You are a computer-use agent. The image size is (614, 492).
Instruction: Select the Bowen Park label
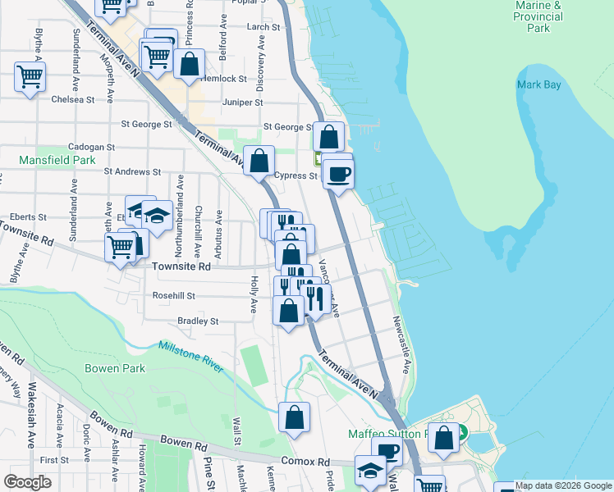click(x=114, y=368)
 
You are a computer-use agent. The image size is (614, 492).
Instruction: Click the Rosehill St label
click(x=172, y=295)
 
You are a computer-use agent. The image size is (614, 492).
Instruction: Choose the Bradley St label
click(x=198, y=321)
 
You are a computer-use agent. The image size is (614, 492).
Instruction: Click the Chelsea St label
click(x=72, y=99)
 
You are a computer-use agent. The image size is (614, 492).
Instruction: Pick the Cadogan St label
click(x=92, y=146)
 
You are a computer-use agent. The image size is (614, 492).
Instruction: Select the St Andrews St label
click(x=132, y=172)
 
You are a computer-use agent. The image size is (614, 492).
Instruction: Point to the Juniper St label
click(x=242, y=102)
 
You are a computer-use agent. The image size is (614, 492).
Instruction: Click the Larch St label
click(x=263, y=27)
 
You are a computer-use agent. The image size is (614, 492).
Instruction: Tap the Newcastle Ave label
click(x=400, y=344)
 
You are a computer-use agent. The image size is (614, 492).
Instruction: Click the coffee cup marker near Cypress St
click(x=337, y=174)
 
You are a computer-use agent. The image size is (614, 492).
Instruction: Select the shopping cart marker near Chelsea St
click(x=30, y=77)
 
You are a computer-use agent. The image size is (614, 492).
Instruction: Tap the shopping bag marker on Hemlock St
click(x=189, y=64)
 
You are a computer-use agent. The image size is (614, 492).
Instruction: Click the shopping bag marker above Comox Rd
click(x=294, y=417)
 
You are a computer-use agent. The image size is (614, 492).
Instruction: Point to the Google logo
click(x=28, y=482)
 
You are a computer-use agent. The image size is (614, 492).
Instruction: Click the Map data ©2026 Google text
click(x=564, y=485)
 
